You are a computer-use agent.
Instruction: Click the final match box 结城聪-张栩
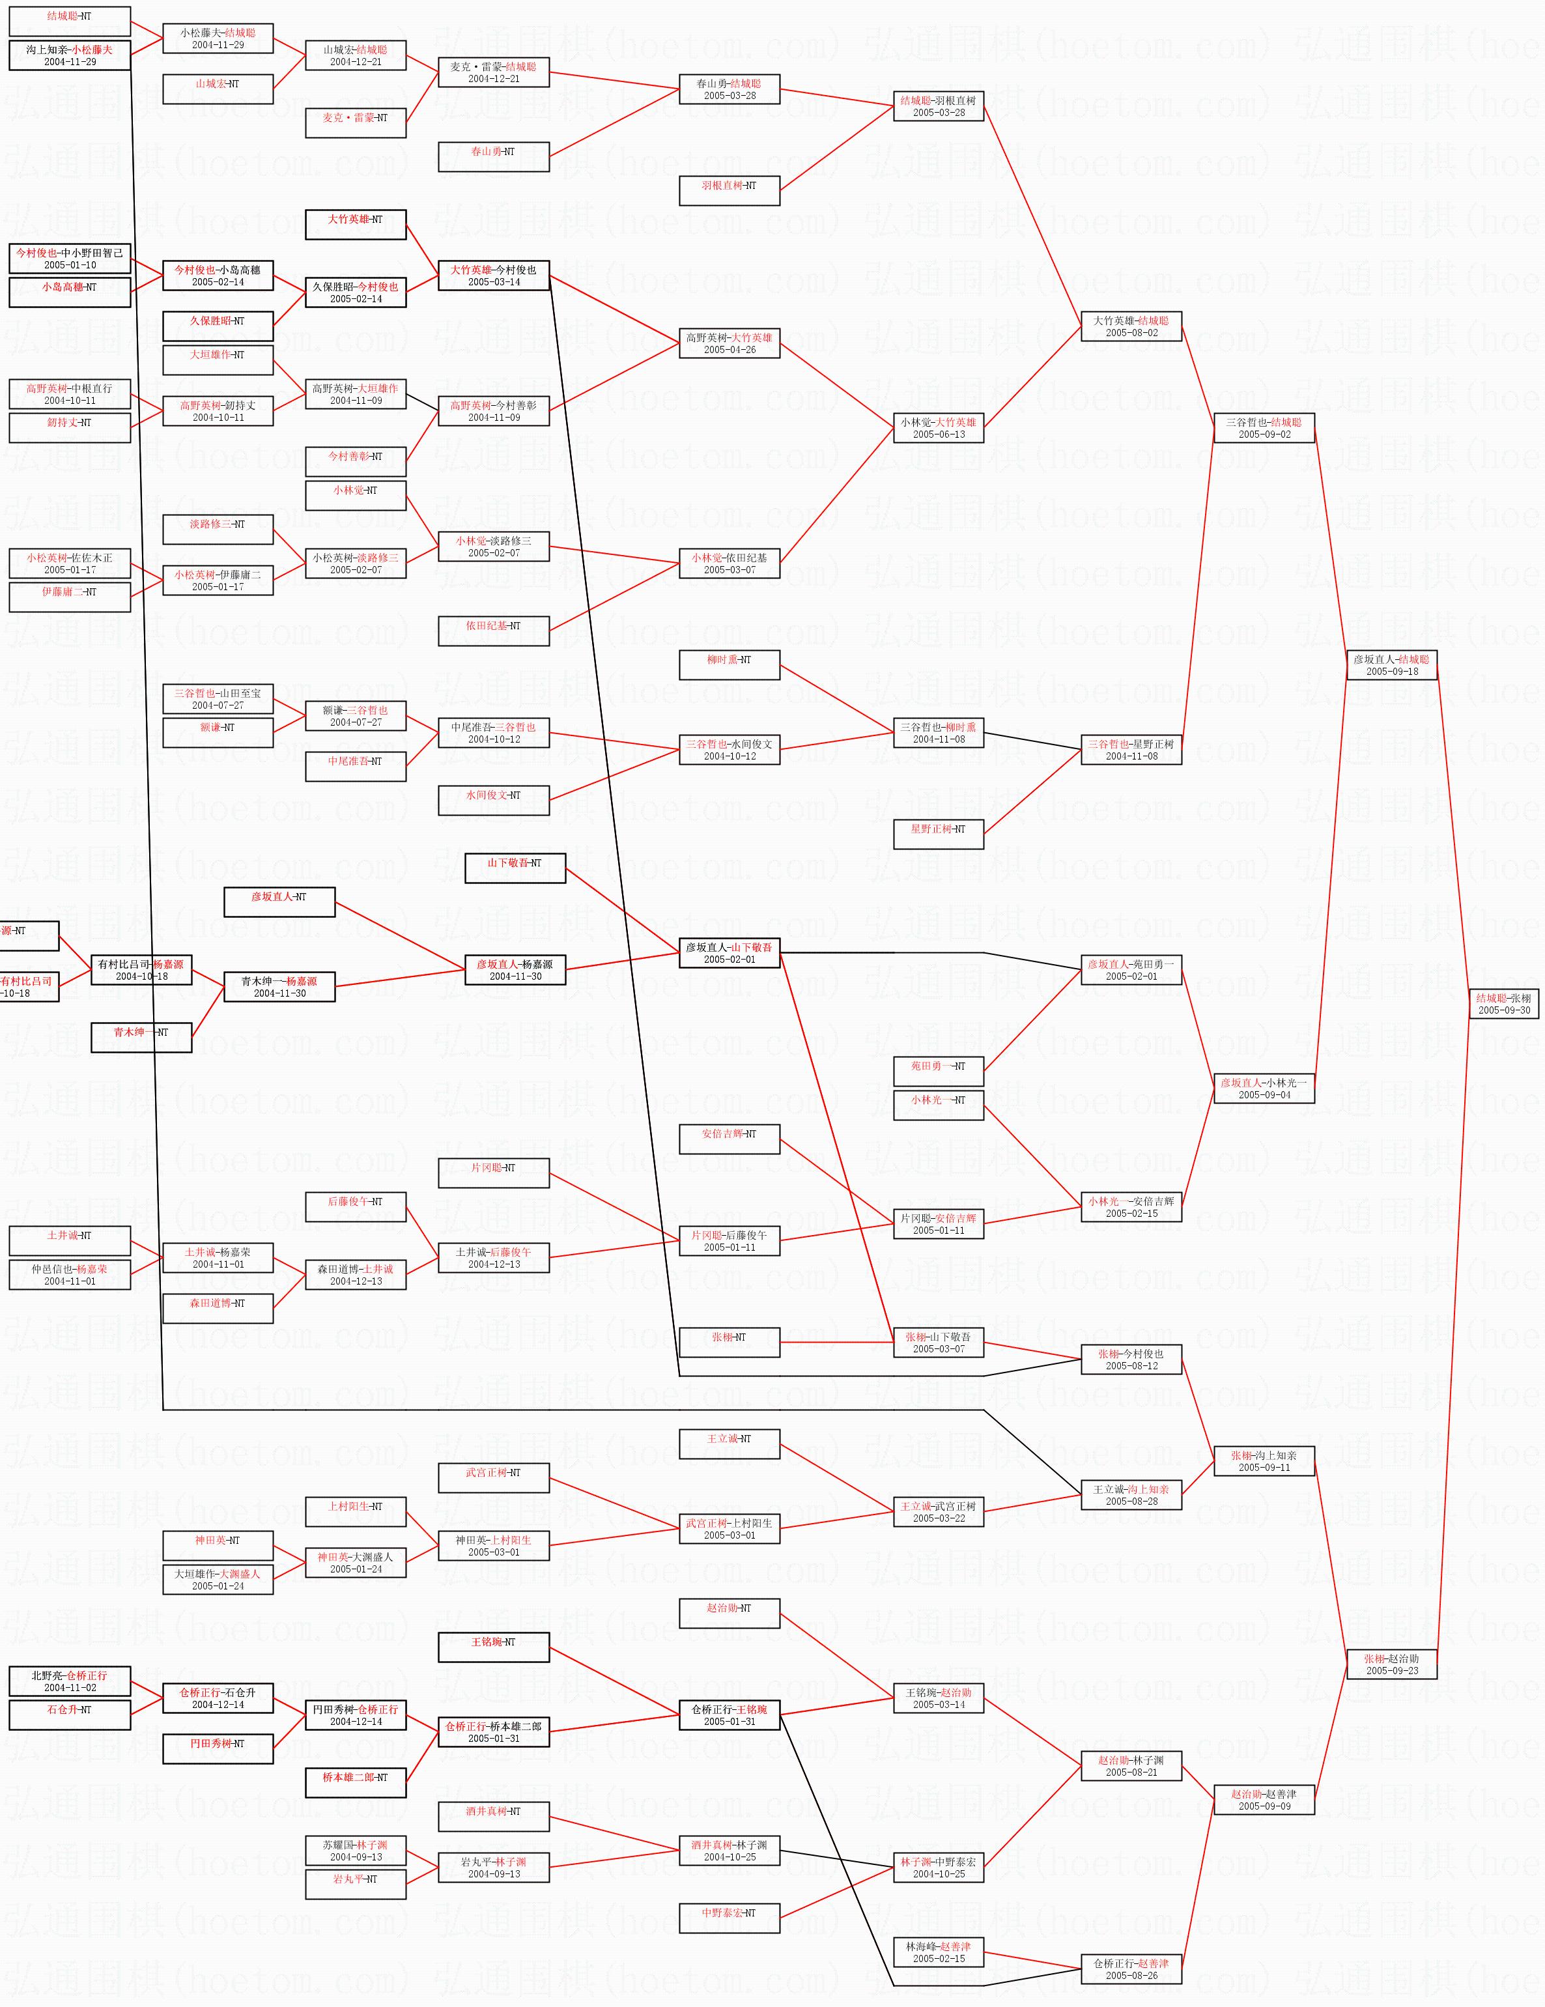click(1504, 1003)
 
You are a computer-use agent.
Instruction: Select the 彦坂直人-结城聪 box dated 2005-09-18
click(1391, 664)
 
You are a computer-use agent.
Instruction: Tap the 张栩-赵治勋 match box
click(1391, 1664)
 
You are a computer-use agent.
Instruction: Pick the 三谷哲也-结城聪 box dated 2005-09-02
click(1264, 428)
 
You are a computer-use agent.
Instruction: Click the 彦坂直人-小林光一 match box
click(1264, 1088)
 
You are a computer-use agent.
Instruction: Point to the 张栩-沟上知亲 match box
click(1264, 1461)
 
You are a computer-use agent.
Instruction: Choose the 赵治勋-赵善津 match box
click(1264, 1799)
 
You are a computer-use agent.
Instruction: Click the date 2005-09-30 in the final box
click(1504, 1010)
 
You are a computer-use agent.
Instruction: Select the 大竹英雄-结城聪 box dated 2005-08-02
click(1131, 326)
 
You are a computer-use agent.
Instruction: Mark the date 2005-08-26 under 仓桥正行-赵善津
click(1131, 1975)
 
